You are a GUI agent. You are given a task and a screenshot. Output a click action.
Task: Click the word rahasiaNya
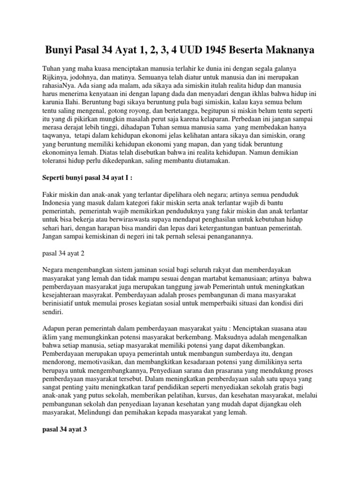click(x=59, y=94)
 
